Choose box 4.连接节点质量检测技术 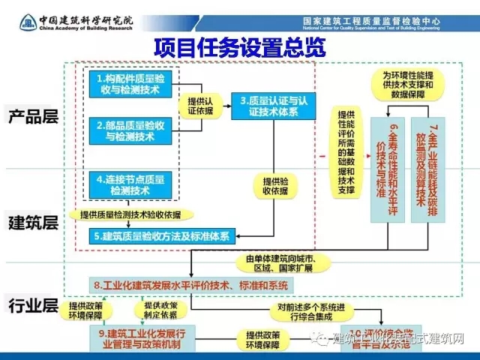point(125,185)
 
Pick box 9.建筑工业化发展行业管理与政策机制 point(140,337)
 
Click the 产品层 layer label point(33,118)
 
